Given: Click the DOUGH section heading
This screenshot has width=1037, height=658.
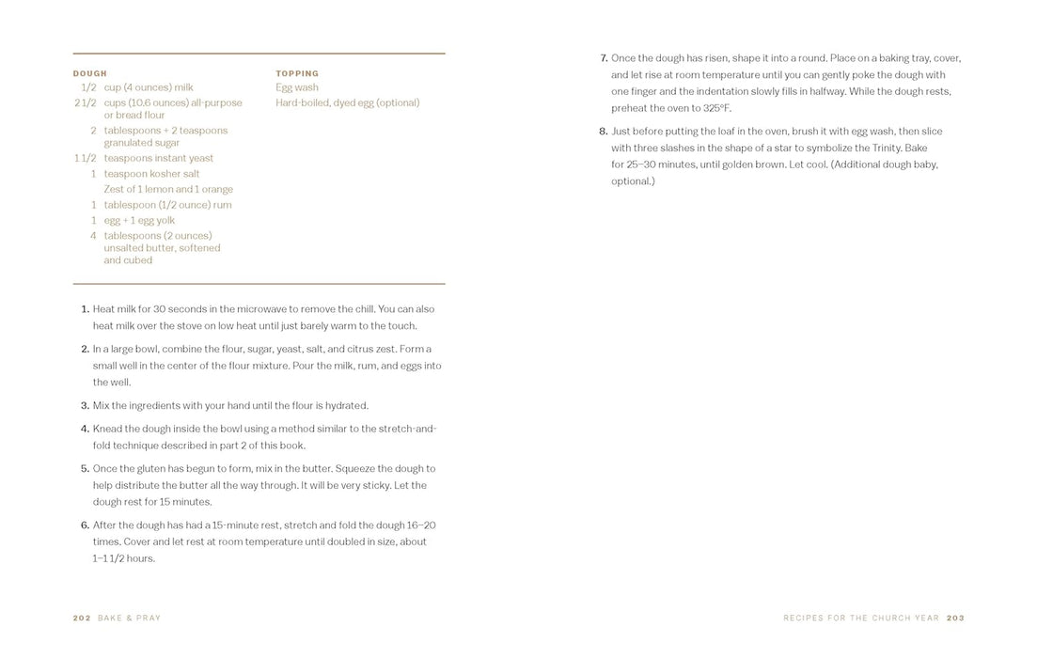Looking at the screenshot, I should (90, 73).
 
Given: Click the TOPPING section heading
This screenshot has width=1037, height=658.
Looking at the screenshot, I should (297, 73).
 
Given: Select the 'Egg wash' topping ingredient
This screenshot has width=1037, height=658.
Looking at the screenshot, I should (297, 87).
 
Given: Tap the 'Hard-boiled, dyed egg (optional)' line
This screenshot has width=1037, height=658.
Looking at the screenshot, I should (347, 102).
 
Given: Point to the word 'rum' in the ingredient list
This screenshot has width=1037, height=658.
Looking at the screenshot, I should (223, 205).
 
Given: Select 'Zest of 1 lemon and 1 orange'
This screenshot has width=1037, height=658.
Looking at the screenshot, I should (168, 189).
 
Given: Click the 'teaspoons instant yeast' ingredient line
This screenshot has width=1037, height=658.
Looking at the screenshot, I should (158, 158).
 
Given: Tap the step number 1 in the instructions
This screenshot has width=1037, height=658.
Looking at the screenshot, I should (85, 309).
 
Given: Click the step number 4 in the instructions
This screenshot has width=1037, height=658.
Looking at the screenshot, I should (85, 429).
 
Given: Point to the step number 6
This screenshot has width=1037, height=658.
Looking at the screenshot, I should (85, 525).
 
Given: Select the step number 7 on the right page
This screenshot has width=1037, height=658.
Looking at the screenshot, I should (604, 58).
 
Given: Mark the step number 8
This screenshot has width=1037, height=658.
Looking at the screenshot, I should (604, 132).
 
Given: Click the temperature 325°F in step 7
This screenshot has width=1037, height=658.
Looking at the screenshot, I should (716, 108).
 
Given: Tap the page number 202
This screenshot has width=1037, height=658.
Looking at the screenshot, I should (82, 618).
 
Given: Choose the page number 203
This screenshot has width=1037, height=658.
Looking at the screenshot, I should (955, 618).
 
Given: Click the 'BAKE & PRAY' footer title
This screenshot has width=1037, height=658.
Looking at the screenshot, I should (130, 618).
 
